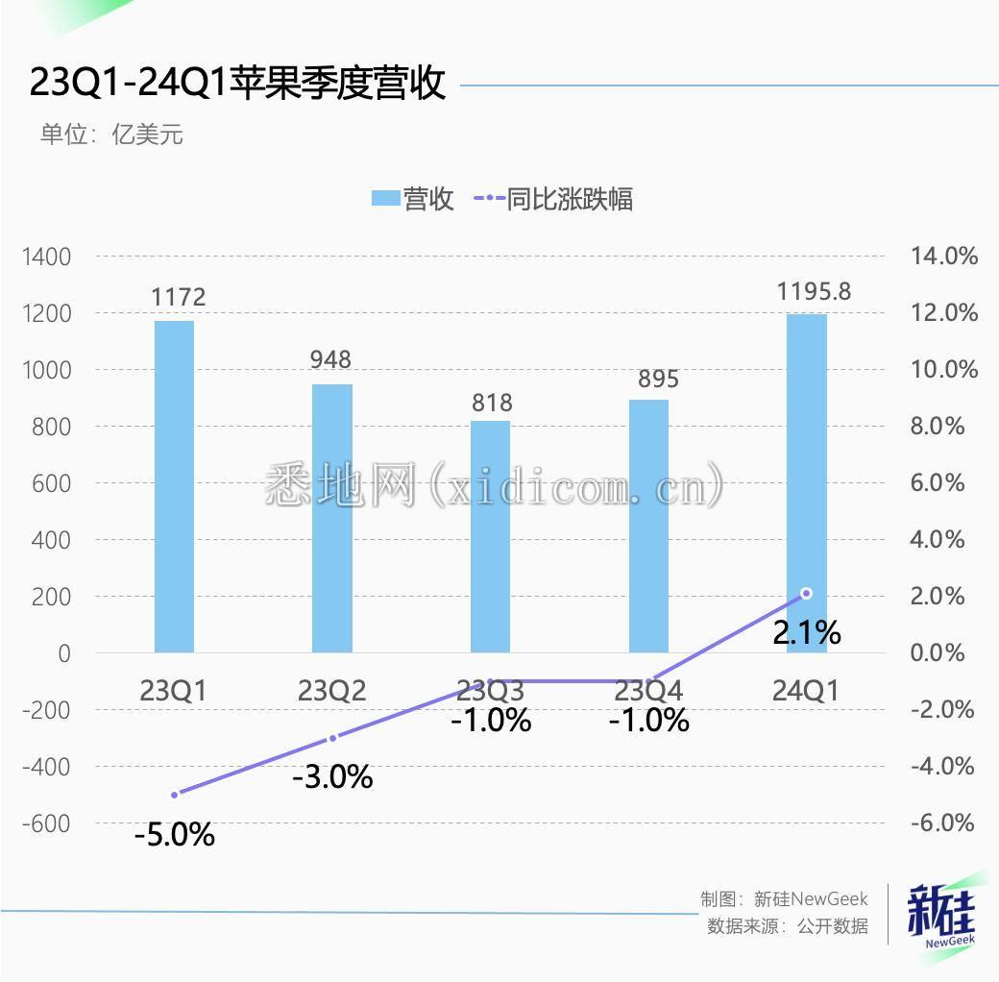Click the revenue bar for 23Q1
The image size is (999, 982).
(174, 486)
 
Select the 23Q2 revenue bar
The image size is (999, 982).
(332, 519)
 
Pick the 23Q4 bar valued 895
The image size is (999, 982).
(648, 527)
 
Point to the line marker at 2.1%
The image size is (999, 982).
(807, 593)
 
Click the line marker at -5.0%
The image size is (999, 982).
(175, 795)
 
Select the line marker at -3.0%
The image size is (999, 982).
(332, 738)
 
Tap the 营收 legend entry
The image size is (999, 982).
(413, 199)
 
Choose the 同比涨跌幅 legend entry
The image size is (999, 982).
(554, 199)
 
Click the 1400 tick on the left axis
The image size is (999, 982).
(46, 257)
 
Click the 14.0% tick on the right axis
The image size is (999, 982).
(943, 257)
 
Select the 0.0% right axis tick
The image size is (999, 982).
(938, 653)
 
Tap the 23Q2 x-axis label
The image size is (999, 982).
(332, 690)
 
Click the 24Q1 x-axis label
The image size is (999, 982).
(806, 690)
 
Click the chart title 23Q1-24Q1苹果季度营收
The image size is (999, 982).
(237, 84)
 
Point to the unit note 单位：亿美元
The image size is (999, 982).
(111, 135)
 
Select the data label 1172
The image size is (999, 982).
(179, 297)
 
